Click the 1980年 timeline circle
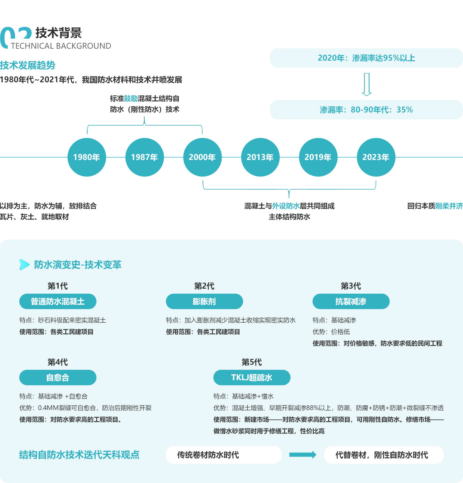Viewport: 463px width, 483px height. [x=87, y=157]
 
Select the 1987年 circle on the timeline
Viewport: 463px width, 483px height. [x=145, y=157]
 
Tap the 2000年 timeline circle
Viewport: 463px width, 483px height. [x=203, y=157]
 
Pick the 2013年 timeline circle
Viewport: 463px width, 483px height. [x=260, y=157]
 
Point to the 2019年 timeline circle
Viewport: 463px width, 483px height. [x=318, y=157]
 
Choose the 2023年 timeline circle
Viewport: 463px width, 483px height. [x=376, y=157]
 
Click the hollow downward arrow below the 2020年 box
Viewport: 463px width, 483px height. [x=367, y=84]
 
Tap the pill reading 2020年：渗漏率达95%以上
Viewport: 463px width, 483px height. [x=366, y=58]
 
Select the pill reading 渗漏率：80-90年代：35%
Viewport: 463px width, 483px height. [x=366, y=110]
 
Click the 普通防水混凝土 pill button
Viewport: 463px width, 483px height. [x=58, y=301]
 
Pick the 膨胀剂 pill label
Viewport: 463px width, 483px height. [x=204, y=301]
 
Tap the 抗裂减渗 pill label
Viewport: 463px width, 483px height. [x=351, y=301]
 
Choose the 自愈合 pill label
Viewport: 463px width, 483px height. [x=58, y=378]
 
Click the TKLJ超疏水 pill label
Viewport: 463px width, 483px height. [x=252, y=378]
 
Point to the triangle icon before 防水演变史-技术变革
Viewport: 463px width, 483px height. [x=24, y=265]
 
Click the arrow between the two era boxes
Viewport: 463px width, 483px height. [x=303, y=455]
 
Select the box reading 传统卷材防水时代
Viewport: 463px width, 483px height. [x=223, y=455]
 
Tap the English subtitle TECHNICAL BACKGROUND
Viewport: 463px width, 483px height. [x=61, y=46]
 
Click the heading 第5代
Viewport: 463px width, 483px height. [x=252, y=362]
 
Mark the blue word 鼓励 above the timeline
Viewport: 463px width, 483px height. [x=131, y=99]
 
